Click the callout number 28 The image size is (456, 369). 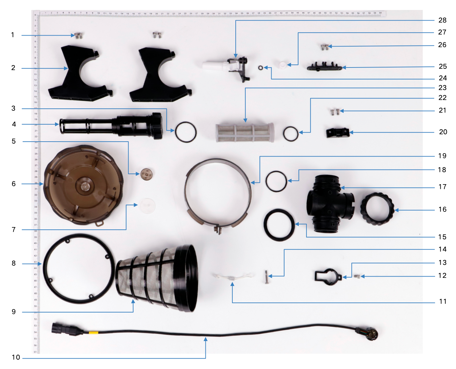click(442, 20)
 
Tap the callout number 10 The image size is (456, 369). click(16, 357)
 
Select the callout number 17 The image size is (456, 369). click(442, 187)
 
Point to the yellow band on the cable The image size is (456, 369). click(93, 332)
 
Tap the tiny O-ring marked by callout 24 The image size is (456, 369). click(261, 68)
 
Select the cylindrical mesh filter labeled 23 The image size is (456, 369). click(245, 133)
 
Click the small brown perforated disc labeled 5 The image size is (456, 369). click(146, 174)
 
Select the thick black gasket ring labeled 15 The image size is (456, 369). click(279, 225)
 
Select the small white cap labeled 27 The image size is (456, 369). click(282, 64)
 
